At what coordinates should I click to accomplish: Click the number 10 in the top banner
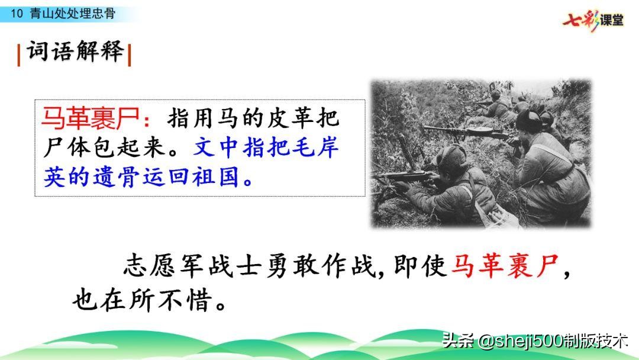coord(17,14)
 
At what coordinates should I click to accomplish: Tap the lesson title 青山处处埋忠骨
coord(73,14)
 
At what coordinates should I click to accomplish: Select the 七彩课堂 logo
coord(593,20)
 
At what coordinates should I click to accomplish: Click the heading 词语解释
coord(75,52)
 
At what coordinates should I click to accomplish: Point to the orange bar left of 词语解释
coord(19,55)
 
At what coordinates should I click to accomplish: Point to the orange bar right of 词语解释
coord(129,55)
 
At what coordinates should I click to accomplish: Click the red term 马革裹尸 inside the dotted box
coord(91,118)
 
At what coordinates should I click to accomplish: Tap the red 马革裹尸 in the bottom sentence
coord(505,266)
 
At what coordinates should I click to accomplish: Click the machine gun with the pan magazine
coord(469,131)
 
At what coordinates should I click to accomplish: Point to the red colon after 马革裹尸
coord(147,120)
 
